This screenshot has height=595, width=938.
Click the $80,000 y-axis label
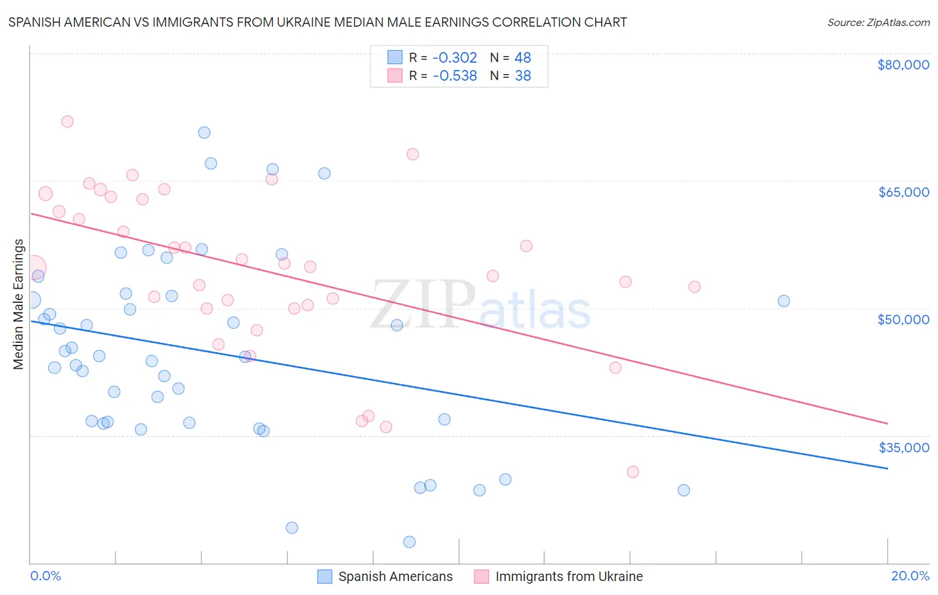[903, 65]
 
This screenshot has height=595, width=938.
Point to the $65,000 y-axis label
[903, 192]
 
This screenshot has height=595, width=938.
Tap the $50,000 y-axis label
[903, 320]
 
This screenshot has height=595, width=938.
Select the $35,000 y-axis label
[903, 448]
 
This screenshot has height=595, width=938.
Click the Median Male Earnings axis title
[19, 304]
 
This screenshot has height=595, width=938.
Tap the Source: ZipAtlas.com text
[878, 23]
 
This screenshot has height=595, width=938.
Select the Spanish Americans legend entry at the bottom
[395, 577]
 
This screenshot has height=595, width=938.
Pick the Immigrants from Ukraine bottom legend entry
[568, 577]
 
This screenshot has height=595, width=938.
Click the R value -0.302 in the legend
[455, 58]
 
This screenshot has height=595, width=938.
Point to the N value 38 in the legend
[523, 76]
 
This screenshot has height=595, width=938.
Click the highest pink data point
[67, 121]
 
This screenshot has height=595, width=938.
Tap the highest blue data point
[204, 133]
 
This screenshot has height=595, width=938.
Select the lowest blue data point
[410, 542]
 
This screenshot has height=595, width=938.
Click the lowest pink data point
[633, 472]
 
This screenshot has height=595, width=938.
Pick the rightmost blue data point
[784, 301]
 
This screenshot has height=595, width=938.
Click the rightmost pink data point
[694, 287]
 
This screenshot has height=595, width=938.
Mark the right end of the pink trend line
[887, 424]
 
